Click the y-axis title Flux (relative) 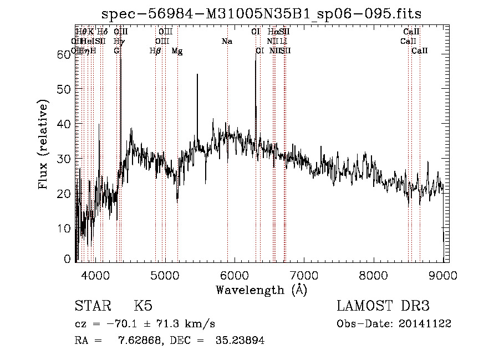coord(43,145)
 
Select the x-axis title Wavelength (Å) coord(261,290)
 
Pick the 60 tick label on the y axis coord(65,54)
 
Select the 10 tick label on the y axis coord(65,228)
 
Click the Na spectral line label coord(227,42)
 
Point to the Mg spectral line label coord(177,51)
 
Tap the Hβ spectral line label coord(155,51)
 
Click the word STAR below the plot coord(93,306)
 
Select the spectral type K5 coord(143,306)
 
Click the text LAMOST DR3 coord(383,306)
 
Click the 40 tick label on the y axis coord(65,124)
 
